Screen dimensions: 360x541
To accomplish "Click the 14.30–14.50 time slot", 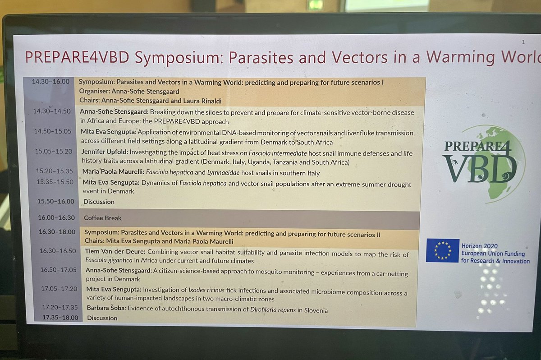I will pyautogui.click(x=51, y=111).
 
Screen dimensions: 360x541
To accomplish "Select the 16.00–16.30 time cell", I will pyautogui.click(x=57, y=217).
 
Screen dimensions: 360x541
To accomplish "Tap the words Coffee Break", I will pyautogui.click(x=103, y=218).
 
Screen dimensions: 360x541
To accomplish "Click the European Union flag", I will pyautogui.click(x=442, y=250).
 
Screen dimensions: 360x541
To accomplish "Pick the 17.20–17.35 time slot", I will pyautogui.click(x=60, y=307).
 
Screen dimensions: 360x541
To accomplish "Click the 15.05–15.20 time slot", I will pyautogui.click(x=54, y=151).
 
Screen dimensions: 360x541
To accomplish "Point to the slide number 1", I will pyautogui.click(x=523, y=42).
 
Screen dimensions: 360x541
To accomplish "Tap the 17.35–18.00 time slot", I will pyautogui.click(x=60, y=318).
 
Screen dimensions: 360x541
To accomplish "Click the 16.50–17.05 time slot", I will pyautogui.click(x=59, y=269).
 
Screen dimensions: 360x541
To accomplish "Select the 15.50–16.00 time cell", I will pyautogui.click(x=56, y=201).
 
